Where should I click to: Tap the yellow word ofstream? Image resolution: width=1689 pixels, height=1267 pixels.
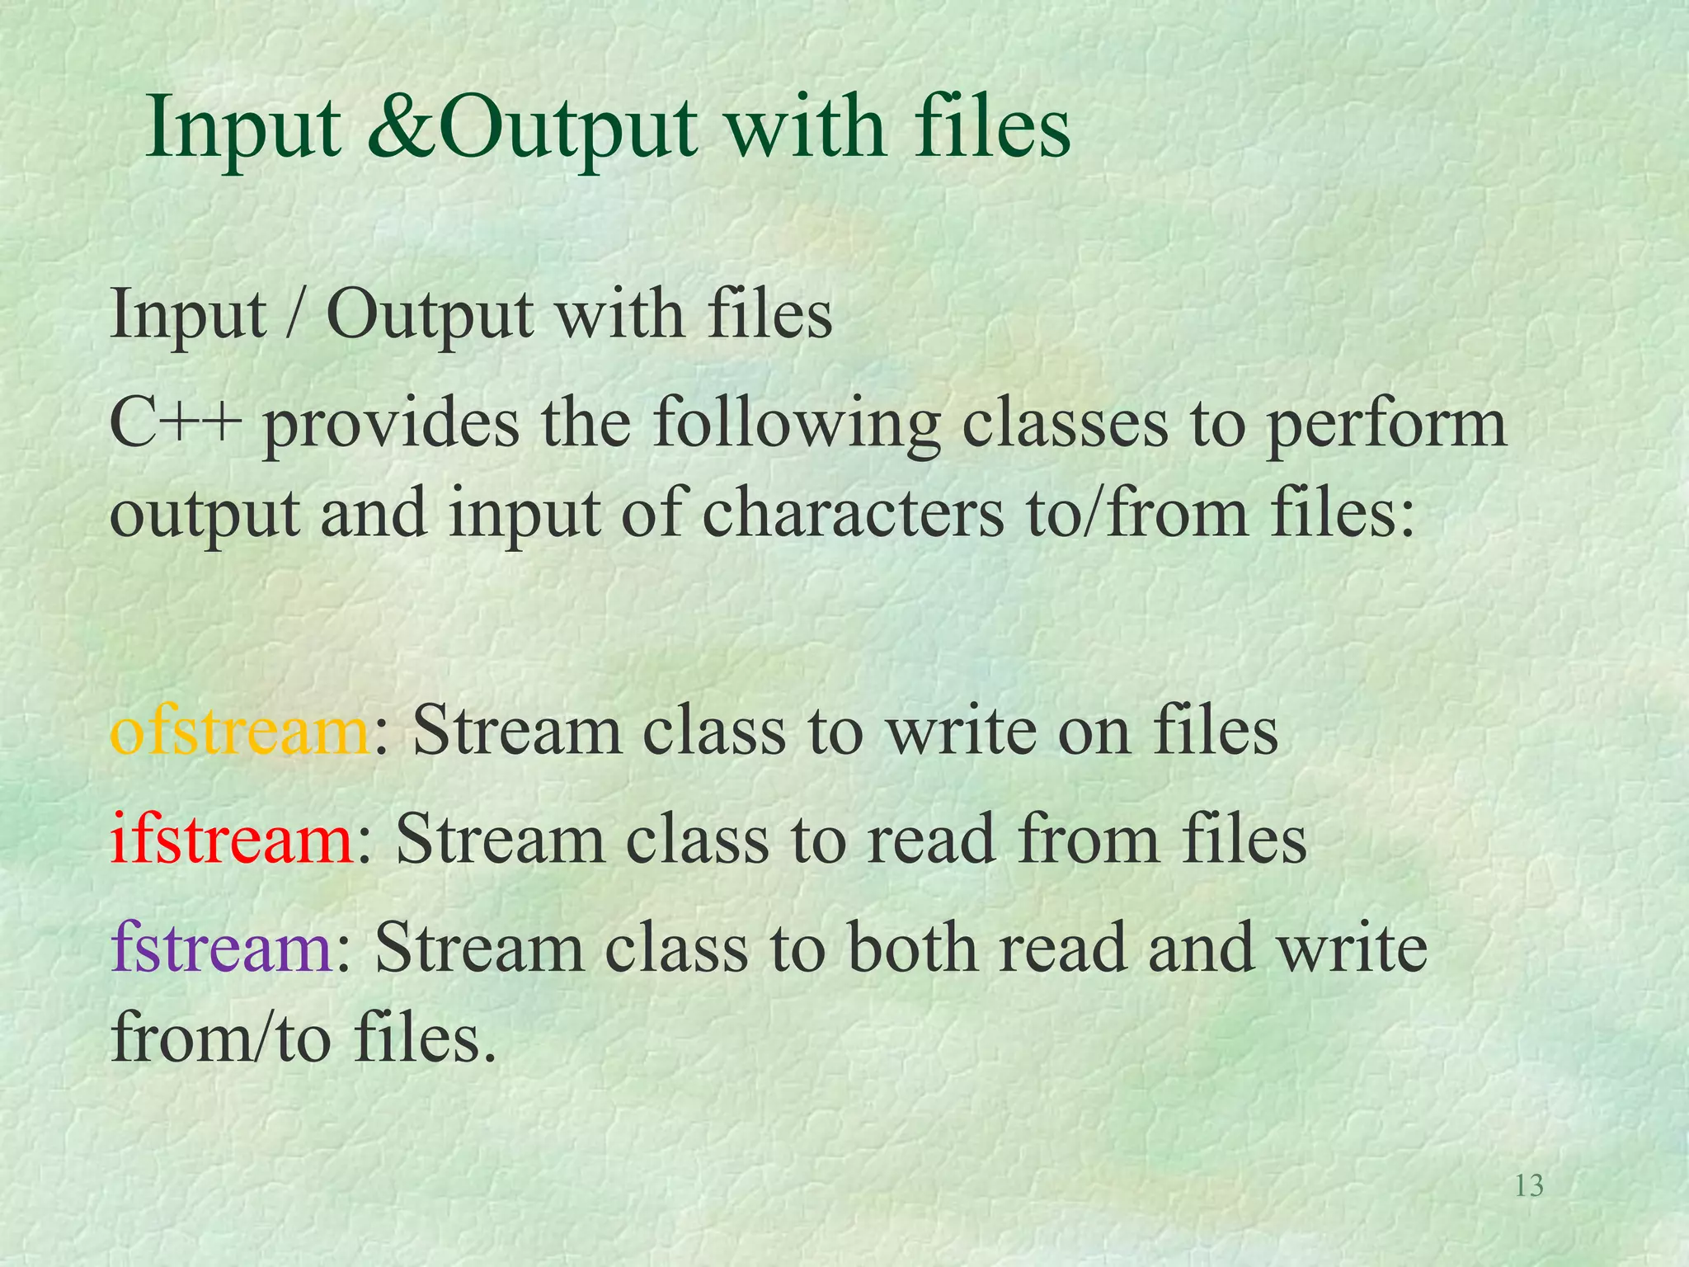point(239,731)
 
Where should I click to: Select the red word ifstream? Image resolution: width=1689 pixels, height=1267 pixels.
point(232,839)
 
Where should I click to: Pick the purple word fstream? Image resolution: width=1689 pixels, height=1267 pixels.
point(221,947)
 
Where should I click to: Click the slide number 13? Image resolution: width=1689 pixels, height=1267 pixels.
point(1529,1186)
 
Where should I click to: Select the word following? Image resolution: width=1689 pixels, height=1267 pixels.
point(797,426)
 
